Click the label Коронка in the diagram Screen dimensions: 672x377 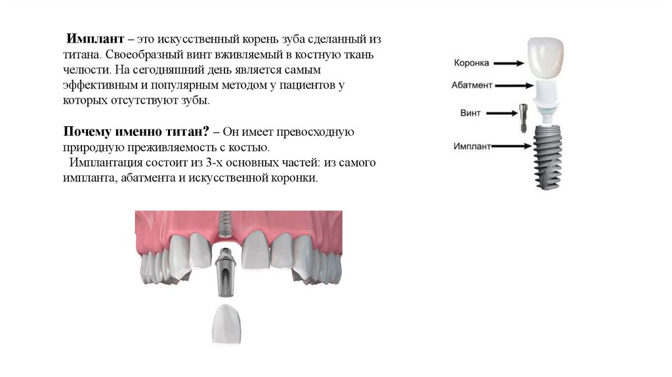point(471,63)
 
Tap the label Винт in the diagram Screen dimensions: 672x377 point(470,113)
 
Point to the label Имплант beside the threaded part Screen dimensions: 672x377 point(472,146)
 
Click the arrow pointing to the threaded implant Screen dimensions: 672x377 point(513,146)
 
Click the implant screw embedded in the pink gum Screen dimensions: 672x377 point(225,225)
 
